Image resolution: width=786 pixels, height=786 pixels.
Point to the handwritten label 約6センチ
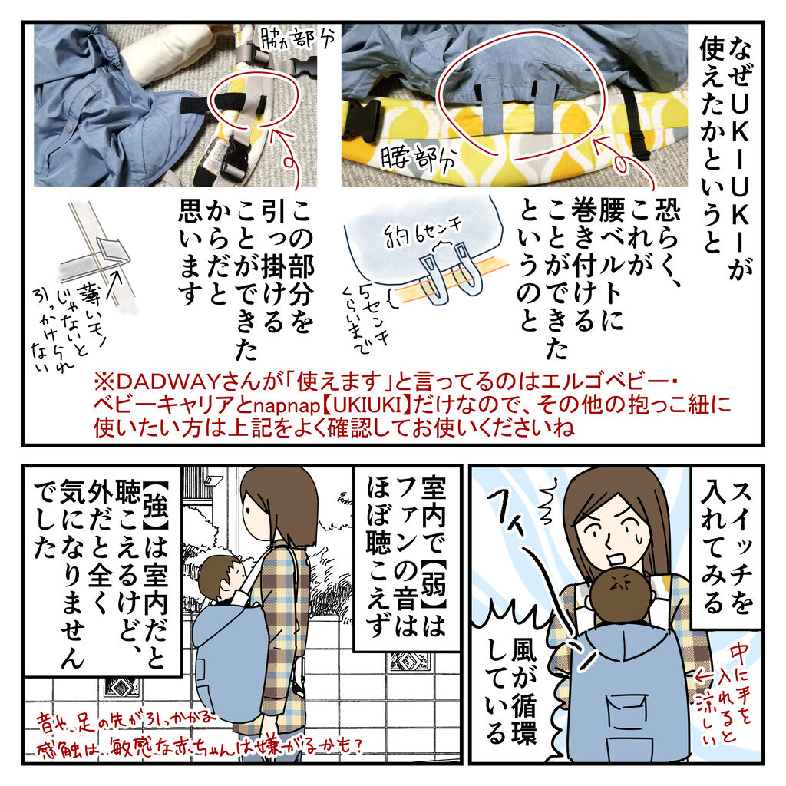click(x=424, y=232)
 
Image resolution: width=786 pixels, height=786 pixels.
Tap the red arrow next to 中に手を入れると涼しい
click(x=705, y=677)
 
